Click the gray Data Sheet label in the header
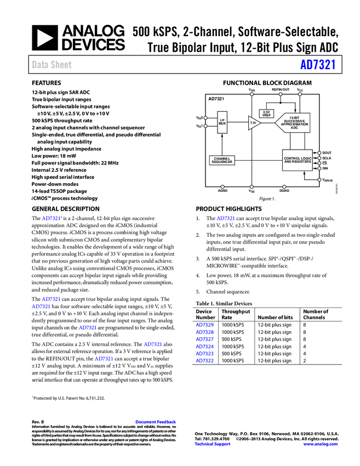(x=52, y=65)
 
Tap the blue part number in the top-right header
(x=317, y=65)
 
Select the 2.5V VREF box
(x=267, y=113)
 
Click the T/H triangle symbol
(x=253, y=123)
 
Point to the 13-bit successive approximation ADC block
(x=294, y=123)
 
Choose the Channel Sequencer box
(x=222, y=161)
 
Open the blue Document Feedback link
(x=156, y=422)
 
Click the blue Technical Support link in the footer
(x=213, y=444)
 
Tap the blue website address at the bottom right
(x=321, y=444)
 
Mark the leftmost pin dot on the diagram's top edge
(x=252, y=94)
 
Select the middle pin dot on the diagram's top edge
(x=280, y=94)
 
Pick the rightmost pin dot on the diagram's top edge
(x=300, y=94)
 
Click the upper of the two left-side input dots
(x=205, y=117)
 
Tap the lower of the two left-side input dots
(x=205, y=126)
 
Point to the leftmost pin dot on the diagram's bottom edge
(x=222, y=187)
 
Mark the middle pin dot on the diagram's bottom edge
(x=252, y=187)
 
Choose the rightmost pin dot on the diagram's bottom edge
(x=284, y=187)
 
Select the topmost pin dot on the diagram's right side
(x=319, y=153)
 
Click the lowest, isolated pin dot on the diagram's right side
(x=319, y=179)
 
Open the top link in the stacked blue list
(x=205, y=325)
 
